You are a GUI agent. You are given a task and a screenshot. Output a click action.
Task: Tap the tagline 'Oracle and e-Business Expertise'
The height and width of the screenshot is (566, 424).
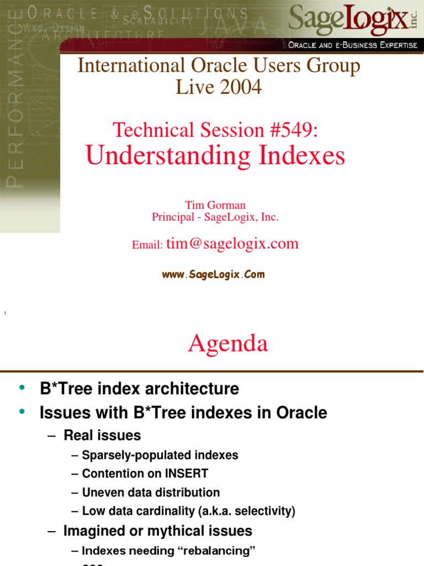pyautogui.click(x=353, y=45)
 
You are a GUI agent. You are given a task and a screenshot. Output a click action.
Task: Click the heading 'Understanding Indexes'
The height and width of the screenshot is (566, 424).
pyautogui.click(x=215, y=156)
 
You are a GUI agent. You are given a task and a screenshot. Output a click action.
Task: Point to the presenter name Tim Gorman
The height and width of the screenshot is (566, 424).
pyautogui.click(x=215, y=205)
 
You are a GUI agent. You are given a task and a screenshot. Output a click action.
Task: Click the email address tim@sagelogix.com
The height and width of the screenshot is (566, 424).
pyautogui.click(x=232, y=244)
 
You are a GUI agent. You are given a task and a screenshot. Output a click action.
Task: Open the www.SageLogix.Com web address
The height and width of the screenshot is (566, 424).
pyautogui.click(x=213, y=274)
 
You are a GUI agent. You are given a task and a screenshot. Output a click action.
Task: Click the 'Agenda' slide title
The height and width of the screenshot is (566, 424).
pyautogui.click(x=227, y=344)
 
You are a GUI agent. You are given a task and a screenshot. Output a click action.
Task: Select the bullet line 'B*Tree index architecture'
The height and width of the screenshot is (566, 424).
pyautogui.click(x=139, y=389)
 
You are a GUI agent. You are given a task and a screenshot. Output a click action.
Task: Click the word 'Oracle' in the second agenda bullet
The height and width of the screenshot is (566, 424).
pyautogui.click(x=301, y=412)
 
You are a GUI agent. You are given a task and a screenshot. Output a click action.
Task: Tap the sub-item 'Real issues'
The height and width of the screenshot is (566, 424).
pyautogui.click(x=102, y=436)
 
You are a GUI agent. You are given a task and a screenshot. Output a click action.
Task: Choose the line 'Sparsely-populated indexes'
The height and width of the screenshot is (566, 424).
pyautogui.click(x=160, y=455)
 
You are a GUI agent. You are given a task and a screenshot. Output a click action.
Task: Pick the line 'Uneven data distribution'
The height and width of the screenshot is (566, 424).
pyautogui.click(x=151, y=492)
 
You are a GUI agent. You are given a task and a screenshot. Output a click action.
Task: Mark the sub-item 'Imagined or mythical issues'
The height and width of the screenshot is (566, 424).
pyautogui.click(x=157, y=531)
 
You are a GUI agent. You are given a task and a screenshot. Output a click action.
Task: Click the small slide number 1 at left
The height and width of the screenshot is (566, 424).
pyautogui.click(x=4, y=314)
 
